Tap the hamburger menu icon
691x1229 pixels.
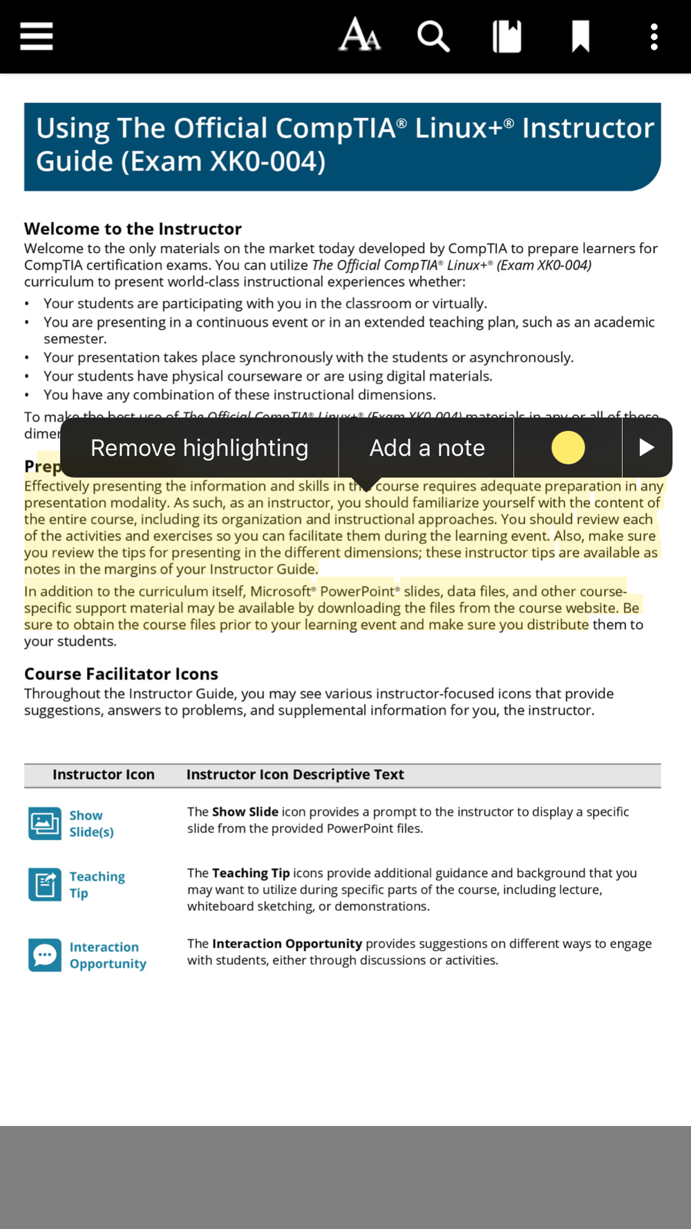[x=37, y=37]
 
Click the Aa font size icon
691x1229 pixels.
[x=359, y=36]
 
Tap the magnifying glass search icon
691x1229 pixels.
[x=433, y=36]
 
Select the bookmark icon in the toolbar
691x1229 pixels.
[x=580, y=37]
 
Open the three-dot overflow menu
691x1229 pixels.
[x=654, y=37]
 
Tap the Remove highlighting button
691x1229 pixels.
[x=199, y=448]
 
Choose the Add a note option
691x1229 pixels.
[x=426, y=448]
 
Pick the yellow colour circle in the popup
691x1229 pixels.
[x=568, y=448]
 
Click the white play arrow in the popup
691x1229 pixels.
[x=647, y=448]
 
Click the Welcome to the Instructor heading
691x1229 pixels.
[x=133, y=229]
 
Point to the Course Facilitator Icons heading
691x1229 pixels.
[x=121, y=674]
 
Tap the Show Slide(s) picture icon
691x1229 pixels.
[x=45, y=823]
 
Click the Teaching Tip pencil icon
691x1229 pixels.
[x=45, y=885]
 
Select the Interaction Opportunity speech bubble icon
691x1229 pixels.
[x=45, y=955]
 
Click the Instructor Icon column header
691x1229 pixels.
[x=104, y=775]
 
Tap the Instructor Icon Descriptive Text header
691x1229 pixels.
[x=295, y=775]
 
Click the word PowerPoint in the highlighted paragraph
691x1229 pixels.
[x=357, y=592]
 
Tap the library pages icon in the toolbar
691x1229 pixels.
[x=507, y=37]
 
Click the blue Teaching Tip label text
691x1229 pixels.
[x=97, y=885]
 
